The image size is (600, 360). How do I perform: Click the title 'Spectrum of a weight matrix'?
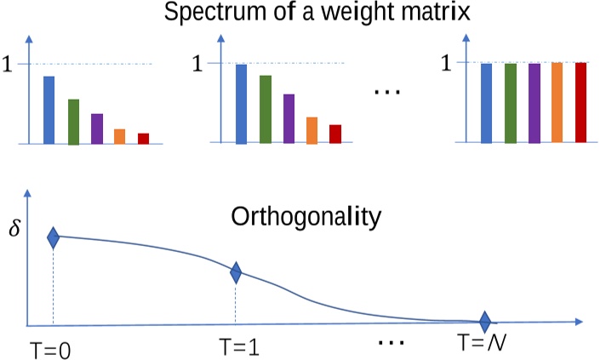300,14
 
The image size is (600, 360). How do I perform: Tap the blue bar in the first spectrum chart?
49,110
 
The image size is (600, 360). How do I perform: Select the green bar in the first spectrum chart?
73,122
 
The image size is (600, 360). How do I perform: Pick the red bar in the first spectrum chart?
143,139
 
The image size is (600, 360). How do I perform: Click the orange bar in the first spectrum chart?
120,136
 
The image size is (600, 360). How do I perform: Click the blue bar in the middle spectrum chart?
241,104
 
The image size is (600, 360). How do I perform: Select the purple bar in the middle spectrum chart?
289,119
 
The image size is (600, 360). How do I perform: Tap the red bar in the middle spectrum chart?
335,134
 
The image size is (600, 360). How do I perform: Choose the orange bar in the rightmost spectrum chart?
557,103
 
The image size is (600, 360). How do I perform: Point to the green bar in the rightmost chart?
511,103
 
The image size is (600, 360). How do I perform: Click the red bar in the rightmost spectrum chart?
581,103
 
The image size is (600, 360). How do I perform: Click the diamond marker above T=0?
53,237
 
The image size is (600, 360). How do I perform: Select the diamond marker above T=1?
236,272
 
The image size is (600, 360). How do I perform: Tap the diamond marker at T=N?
484,322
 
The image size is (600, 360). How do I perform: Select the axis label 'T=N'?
483,345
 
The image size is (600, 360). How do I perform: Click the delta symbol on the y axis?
12,229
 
